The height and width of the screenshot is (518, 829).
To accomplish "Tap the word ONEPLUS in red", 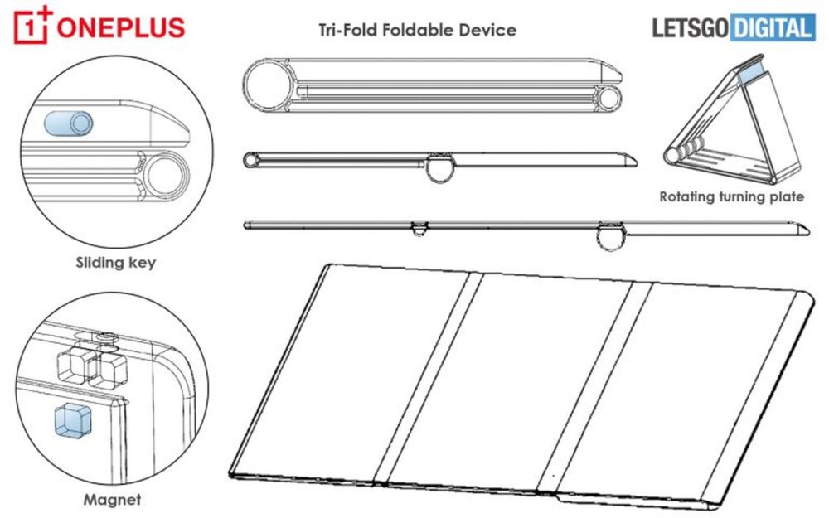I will pos(120,27).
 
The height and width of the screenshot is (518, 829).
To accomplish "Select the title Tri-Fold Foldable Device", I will pos(418,30).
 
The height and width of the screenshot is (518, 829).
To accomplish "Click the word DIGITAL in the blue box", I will pos(771,28).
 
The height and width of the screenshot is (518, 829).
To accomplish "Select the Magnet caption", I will pos(112,500).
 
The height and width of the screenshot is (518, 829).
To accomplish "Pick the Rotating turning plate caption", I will pos(731,197).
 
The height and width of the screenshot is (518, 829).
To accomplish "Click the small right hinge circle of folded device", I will pos(610,98).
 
